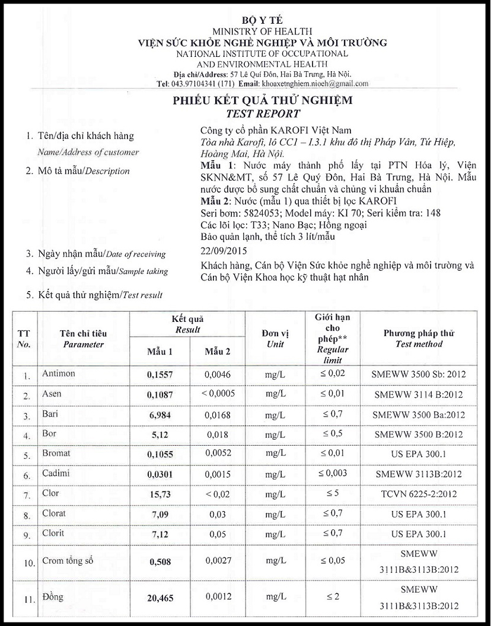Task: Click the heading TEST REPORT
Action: (263, 113)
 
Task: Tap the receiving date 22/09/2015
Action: (222, 253)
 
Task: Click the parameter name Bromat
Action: (56, 453)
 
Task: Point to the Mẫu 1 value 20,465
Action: (160, 598)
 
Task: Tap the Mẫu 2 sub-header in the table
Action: (218, 352)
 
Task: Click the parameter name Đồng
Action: (53, 596)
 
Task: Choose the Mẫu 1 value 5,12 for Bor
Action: (160, 435)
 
